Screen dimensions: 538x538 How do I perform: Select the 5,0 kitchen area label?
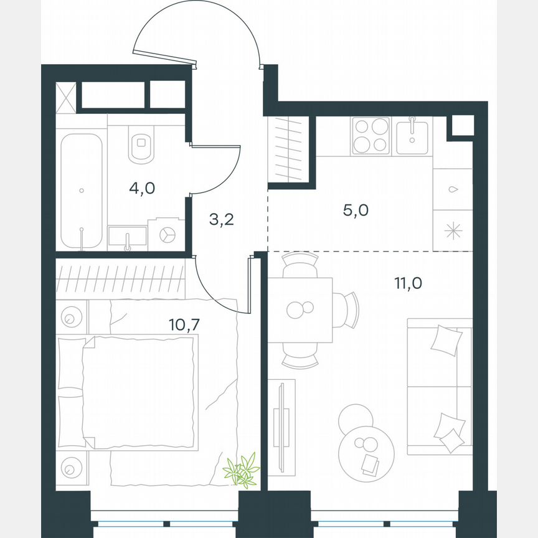pos(356,210)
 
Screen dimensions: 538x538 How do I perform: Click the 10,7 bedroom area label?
pos(181,324)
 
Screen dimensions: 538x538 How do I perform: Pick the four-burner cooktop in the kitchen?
pos(370,136)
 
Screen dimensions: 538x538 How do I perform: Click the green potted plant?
pos(242,470)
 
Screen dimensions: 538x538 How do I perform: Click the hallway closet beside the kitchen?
pos(288,149)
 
